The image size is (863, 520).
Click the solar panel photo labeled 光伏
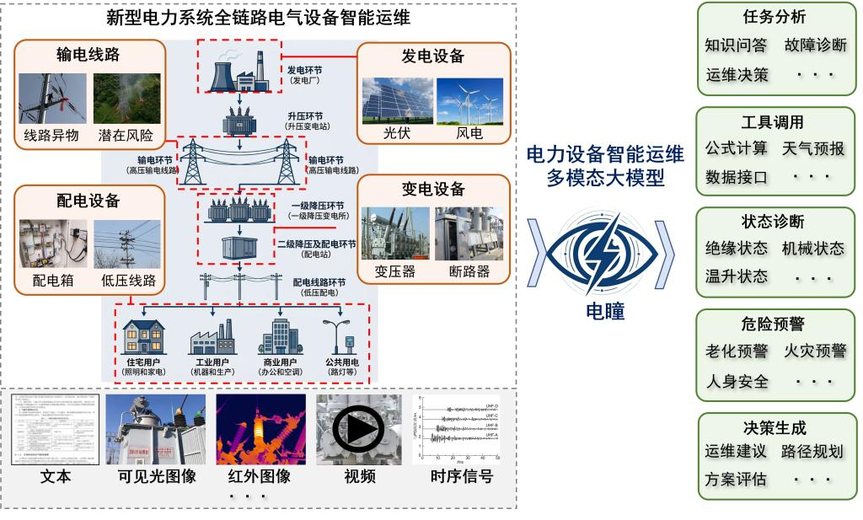(397, 101)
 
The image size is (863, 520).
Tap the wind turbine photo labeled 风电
(469, 101)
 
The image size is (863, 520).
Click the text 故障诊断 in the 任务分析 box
(815, 46)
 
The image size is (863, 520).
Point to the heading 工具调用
(772, 123)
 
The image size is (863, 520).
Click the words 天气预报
(812, 149)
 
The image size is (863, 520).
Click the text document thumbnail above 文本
(55, 430)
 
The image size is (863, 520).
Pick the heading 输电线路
(88, 56)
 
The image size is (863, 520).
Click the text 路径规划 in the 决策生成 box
(812, 452)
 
